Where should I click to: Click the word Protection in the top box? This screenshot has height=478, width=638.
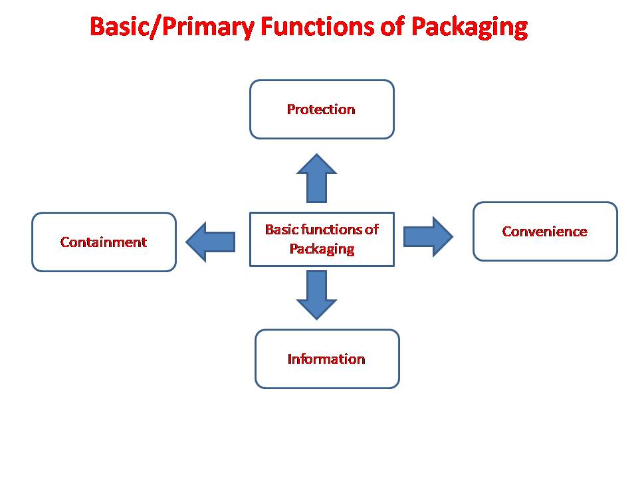321,110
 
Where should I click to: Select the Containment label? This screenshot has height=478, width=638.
103,242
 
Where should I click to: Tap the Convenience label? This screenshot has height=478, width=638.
544,232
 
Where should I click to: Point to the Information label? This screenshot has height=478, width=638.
326,359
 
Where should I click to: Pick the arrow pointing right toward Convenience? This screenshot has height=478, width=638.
428,236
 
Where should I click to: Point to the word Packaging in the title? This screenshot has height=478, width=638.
469,28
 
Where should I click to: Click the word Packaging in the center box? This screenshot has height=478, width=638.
322,250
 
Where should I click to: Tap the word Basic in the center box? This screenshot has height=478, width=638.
280,230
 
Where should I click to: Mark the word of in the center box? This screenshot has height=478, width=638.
372,230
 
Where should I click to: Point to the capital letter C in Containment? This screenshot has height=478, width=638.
64,242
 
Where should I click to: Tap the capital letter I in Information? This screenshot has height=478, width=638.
290,359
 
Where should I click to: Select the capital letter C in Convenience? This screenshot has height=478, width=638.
506,232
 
